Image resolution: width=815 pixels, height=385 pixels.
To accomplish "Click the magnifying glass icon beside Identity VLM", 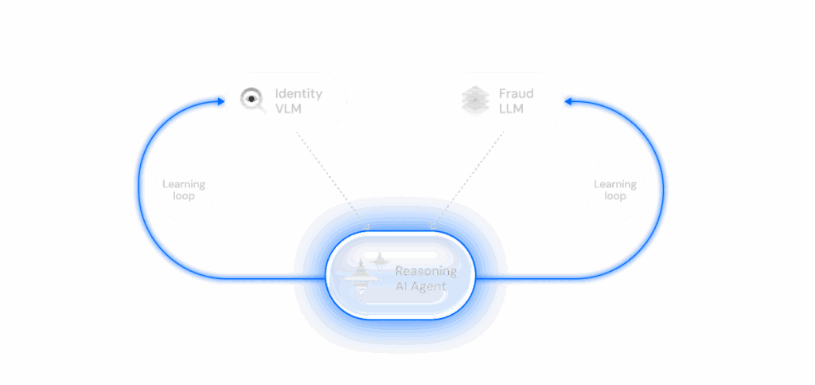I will click(x=252, y=100).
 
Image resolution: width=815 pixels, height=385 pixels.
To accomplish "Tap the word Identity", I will click(x=298, y=93).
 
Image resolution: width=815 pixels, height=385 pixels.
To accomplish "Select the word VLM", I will click(x=288, y=108).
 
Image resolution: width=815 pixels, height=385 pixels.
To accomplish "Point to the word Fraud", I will click(x=516, y=93).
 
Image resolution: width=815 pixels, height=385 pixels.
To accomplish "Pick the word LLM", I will click(x=511, y=108).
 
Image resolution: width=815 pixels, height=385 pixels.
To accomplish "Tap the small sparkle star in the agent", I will click(x=380, y=261).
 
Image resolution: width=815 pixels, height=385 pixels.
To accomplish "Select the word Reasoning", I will click(x=426, y=271).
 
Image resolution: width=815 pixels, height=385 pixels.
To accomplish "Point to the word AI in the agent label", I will click(x=402, y=286).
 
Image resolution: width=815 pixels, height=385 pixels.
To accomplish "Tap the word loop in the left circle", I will click(x=184, y=196).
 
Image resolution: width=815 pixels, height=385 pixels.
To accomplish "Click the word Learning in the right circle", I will click(x=615, y=184).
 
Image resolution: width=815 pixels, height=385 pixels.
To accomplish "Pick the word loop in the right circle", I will click(x=615, y=196).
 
